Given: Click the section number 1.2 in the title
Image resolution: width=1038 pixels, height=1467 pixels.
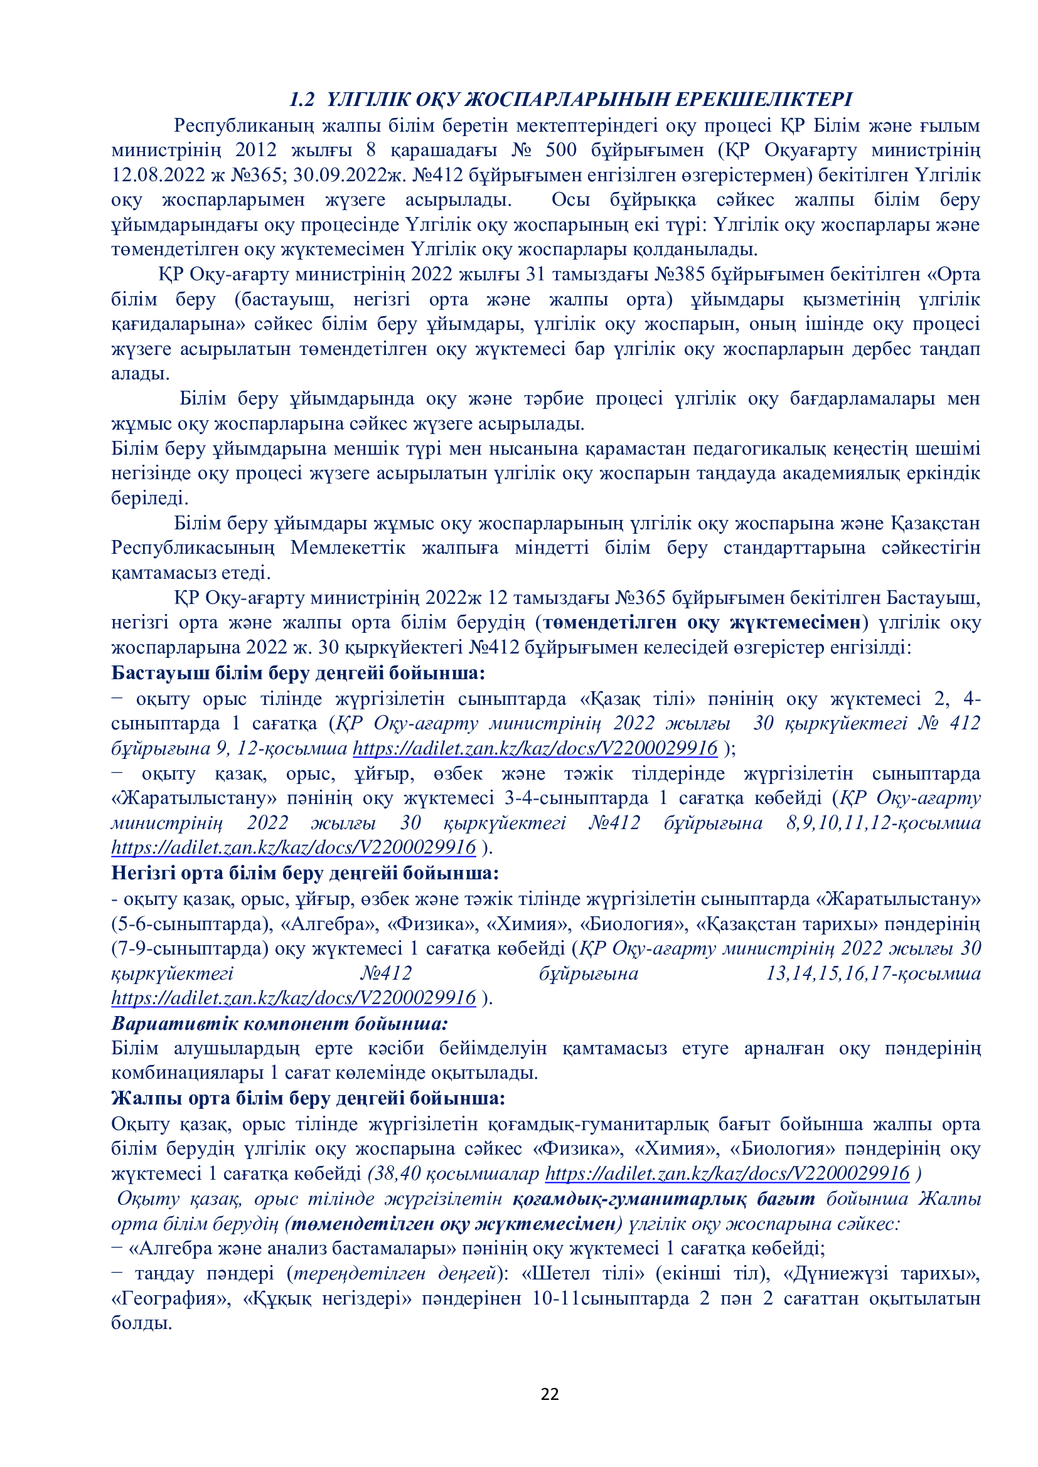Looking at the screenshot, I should click(x=302, y=100).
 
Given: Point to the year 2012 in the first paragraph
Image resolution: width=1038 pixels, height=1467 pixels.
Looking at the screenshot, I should click(x=255, y=150).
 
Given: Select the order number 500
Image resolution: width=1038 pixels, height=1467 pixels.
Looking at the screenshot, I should click(x=560, y=150).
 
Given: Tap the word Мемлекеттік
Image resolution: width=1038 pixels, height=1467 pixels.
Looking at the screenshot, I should click(x=348, y=548).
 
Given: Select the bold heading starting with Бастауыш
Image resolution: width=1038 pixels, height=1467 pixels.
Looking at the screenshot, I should click(x=298, y=673).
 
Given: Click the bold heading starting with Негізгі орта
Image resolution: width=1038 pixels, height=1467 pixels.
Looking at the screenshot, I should click(x=305, y=873).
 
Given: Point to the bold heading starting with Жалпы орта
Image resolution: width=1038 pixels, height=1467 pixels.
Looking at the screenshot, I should click(x=308, y=1098).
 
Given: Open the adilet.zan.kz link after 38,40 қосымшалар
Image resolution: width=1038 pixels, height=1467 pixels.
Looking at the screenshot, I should click(x=727, y=1173).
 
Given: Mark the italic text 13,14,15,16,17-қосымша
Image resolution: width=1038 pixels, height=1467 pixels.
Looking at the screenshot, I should click(x=872, y=974).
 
